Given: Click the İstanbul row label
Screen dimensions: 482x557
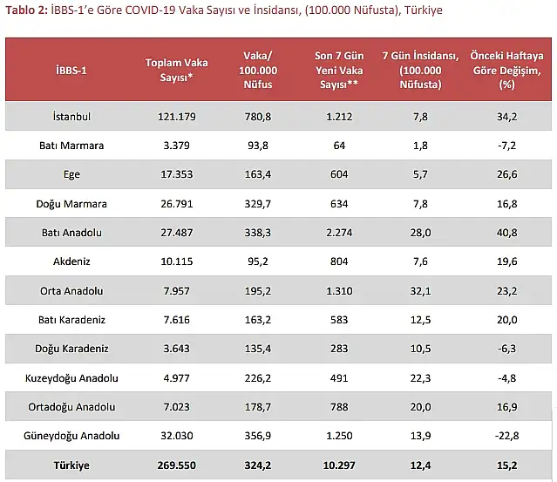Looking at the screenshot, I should pos(71,116).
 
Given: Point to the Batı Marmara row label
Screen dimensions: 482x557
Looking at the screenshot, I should pos(71,146).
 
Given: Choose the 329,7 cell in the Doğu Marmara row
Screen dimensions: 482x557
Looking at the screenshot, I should pos(258,204).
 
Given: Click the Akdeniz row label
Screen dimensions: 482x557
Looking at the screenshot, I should pos(71,262).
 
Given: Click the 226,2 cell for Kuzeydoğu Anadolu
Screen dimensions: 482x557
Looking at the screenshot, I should pos(258,378).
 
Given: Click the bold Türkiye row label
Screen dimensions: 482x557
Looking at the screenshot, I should pos(71,465).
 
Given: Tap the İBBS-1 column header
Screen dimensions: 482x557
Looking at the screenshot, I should pos(71,70).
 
